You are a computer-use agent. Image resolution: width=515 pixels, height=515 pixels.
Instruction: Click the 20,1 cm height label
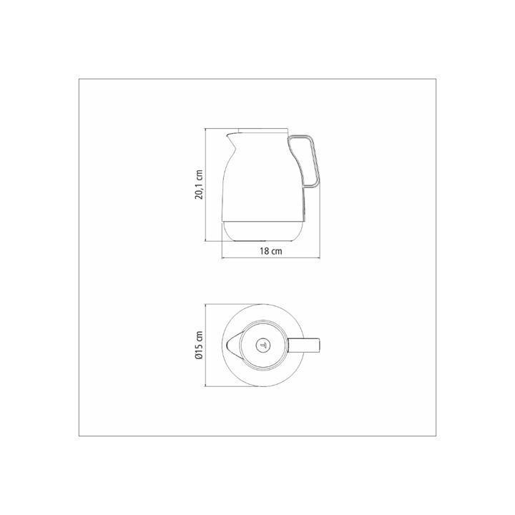pyautogui.click(x=199, y=185)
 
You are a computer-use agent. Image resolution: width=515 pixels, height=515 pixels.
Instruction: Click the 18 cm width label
pyautogui.click(x=271, y=251)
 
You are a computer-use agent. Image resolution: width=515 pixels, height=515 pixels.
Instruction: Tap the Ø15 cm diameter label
pyautogui.click(x=199, y=345)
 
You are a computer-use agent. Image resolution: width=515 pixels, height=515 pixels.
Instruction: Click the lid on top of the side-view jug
pyautogui.click(x=263, y=130)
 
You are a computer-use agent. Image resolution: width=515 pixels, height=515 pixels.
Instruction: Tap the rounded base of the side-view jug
pyautogui.click(x=263, y=231)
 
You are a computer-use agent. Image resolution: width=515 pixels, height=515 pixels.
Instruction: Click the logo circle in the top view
pyautogui.click(x=263, y=345)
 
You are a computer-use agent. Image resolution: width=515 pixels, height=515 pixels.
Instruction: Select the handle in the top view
pyautogui.click(x=304, y=345)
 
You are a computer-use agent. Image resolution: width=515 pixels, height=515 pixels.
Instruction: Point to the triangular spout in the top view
pyautogui.click(x=234, y=345)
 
